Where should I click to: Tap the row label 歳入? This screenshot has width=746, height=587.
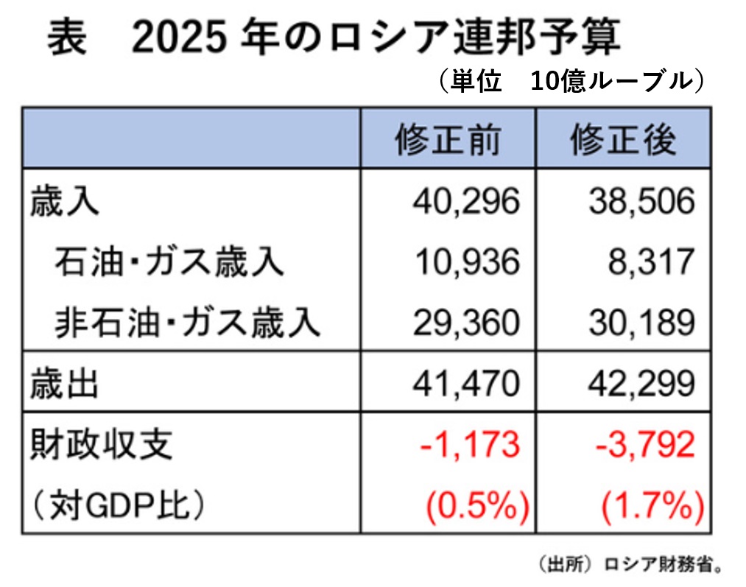click(64, 201)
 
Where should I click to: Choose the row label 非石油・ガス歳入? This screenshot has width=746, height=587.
click(188, 322)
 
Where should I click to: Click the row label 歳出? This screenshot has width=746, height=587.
click(64, 384)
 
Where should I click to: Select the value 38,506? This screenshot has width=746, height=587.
click(641, 201)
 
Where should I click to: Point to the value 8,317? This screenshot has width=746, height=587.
click(652, 261)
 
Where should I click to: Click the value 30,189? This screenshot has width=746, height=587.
click(641, 322)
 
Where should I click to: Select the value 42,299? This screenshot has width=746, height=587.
click(641, 384)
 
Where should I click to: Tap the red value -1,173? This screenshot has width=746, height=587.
click(469, 445)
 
